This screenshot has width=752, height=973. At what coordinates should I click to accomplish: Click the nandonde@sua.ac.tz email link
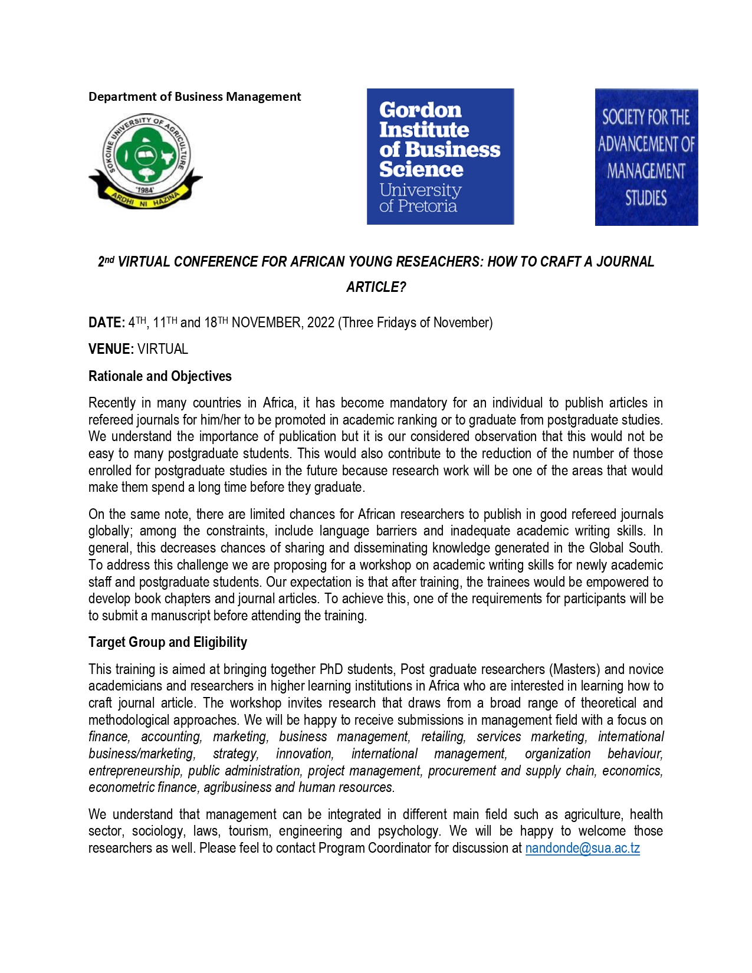(x=582, y=848)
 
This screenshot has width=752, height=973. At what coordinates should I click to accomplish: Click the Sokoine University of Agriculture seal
(x=145, y=160)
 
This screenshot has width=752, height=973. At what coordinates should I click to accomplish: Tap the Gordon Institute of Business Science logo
(x=440, y=156)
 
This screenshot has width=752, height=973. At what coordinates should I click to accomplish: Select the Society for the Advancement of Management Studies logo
(x=646, y=157)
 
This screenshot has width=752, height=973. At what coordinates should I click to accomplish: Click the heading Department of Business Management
(x=195, y=97)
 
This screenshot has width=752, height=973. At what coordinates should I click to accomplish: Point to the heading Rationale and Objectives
(x=160, y=376)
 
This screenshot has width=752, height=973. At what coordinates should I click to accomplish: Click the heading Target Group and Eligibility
(x=168, y=642)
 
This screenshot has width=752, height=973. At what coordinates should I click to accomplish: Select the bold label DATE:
(x=106, y=323)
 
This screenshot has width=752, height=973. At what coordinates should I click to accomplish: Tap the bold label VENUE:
(x=111, y=349)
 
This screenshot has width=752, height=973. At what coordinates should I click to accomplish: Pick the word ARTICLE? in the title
(x=376, y=287)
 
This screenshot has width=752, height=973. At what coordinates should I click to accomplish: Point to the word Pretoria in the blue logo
(x=427, y=206)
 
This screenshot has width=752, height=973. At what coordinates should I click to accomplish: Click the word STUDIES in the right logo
(x=646, y=198)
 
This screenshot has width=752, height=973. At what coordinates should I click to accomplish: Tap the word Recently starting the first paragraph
(x=112, y=403)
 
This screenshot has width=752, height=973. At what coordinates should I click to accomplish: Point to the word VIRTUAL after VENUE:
(x=163, y=349)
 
